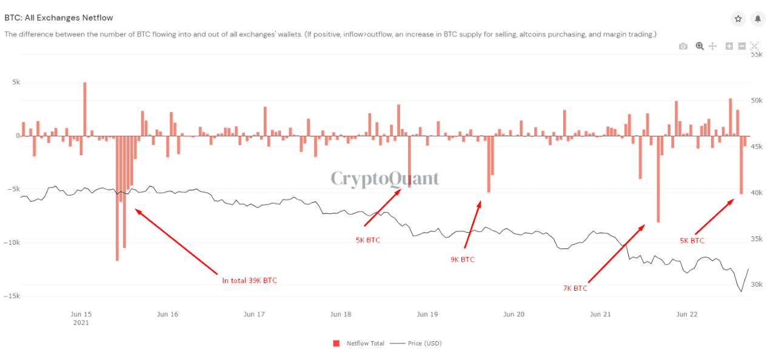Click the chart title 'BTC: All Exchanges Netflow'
pyautogui.click(x=59, y=18)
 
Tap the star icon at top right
pyautogui.click(x=738, y=19)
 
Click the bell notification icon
pyautogui.click(x=757, y=19)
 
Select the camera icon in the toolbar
pyautogui.click(x=683, y=46)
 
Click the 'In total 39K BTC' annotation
pyautogui.click(x=249, y=280)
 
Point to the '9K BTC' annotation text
pyautogui.click(x=463, y=259)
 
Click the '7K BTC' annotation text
pyautogui.click(x=575, y=288)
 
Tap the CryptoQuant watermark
pyautogui.click(x=384, y=179)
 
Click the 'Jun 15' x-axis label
pyautogui.click(x=81, y=314)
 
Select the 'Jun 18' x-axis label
pyautogui.click(x=341, y=314)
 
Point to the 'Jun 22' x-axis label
pyautogui.click(x=687, y=314)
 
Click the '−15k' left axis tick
pyautogui.click(x=12, y=296)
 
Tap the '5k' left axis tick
pyautogui.click(x=15, y=82)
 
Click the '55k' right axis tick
pyautogui.click(x=757, y=55)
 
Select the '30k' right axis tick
pyautogui.click(x=757, y=285)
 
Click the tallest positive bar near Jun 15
pyautogui.click(x=85, y=109)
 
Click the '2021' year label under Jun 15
pyautogui.click(x=81, y=323)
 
